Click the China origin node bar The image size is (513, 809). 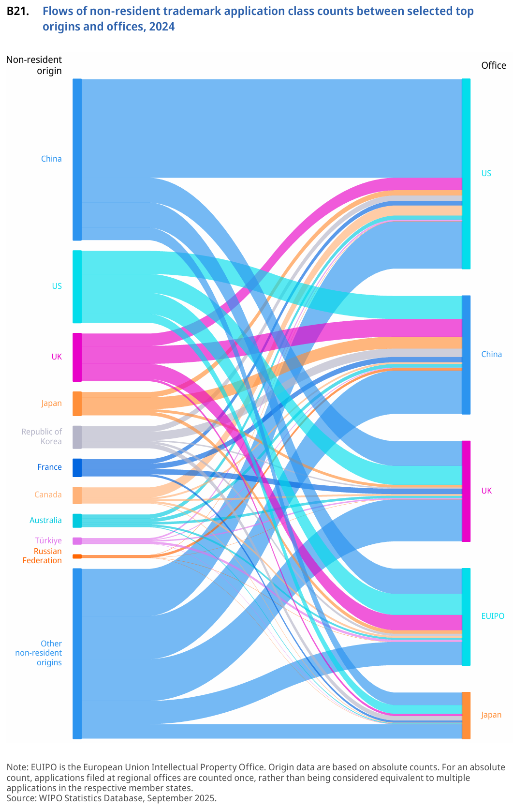tap(77, 159)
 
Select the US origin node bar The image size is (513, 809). tap(77, 286)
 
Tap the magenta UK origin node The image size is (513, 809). tap(77, 357)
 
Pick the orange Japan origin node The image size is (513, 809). tap(77, 404)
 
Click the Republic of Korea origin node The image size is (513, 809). tap(77, 437)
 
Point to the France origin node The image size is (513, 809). tap(77, 467)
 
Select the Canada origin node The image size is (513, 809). tap(77, 495)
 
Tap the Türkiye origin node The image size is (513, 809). tap(77, 541)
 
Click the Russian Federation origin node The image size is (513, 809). tap(77, 556)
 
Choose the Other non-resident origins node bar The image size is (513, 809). tap(77, 653)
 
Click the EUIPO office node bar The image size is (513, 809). tap(466, 616)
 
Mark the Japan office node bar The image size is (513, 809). tap(466, 715)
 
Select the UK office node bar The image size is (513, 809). tap(466, 491)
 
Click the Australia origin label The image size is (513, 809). tap(45, 521)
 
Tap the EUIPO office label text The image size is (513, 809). tap(493, 616)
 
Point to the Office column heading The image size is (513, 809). tap(493, 66)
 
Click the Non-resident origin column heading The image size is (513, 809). tap(34, 65)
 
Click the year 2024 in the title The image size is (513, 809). tap(162, 27)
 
